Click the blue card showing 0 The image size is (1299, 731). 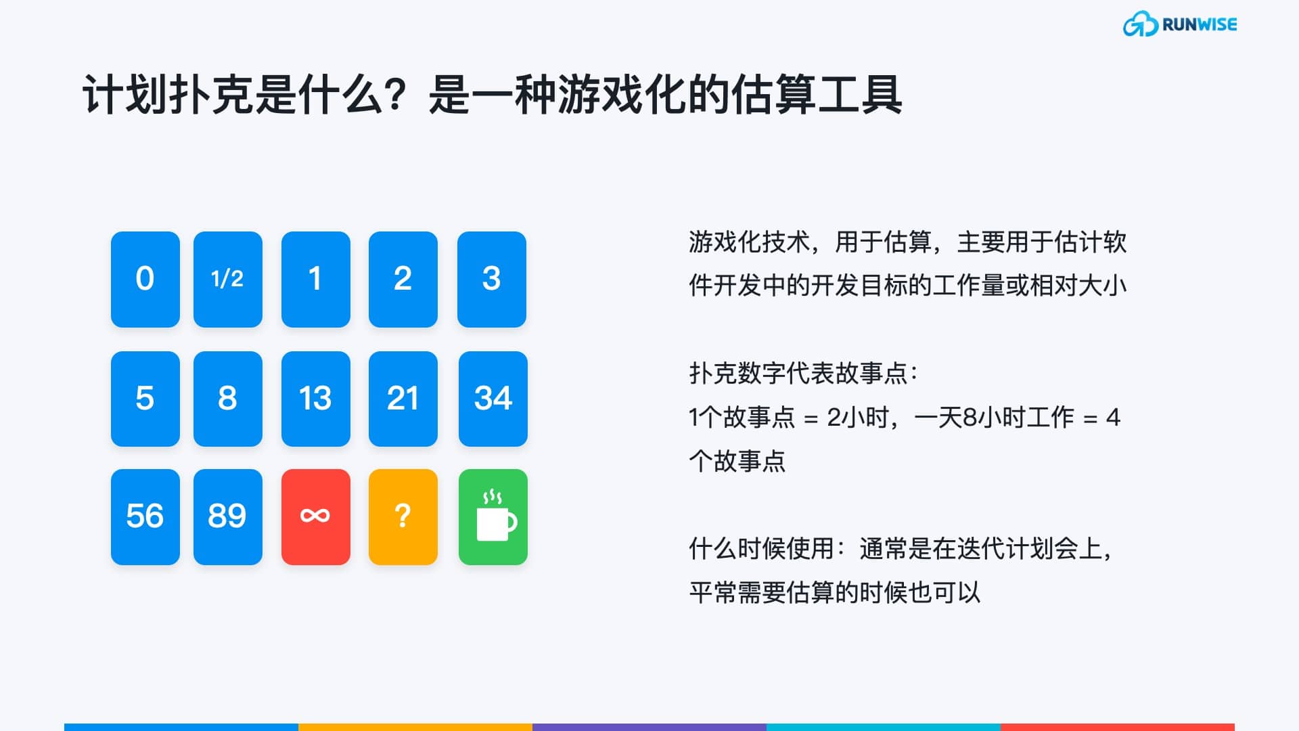point(145,279)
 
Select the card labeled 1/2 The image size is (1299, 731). point(227,279)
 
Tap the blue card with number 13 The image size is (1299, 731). point(315,398)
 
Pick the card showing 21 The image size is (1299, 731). point(403,398)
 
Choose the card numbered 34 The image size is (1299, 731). point(493,398)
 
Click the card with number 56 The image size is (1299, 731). point(145,516)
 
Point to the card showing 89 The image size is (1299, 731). point(227,516)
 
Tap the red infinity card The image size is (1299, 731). point(315,516)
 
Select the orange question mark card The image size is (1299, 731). point(403,516)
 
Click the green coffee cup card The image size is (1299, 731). point(493,516)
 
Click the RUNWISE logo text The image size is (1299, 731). point(1199,25)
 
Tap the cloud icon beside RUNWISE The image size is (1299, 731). point(1140,24)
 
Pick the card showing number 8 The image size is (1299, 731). point(227,398)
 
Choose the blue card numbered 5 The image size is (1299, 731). point(145,398)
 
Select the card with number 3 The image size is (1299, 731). point(491,279)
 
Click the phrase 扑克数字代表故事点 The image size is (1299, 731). point(798,373)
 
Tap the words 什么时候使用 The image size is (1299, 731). point(761,548)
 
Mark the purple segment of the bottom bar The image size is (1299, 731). point(649,727)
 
